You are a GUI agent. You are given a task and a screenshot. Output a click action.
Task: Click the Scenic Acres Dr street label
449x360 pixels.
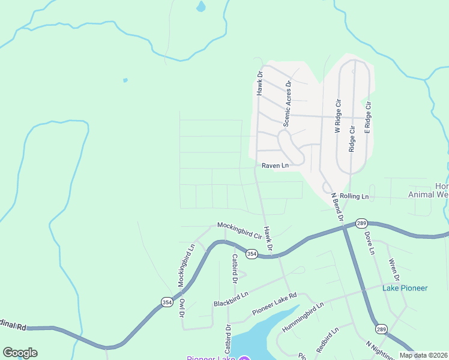(x=287, y=103)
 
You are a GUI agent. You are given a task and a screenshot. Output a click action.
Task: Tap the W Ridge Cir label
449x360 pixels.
(x=338, y=116)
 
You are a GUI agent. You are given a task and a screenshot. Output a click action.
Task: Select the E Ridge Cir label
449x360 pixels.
(x=368, y=116)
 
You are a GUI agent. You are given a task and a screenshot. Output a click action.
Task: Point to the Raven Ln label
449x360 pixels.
(x=275, y=165)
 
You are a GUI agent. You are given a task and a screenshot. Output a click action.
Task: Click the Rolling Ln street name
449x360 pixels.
(x=354, y=196)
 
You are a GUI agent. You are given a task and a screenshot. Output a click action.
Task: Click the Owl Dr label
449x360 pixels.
(x=181, y=307)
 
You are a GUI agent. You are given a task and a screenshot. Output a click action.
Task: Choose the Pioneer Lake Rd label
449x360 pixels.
(x=275, y=304)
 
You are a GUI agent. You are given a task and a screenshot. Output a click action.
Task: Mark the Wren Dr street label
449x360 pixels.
(x=394, y=269)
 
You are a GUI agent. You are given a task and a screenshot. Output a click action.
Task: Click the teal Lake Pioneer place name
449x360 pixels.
(x=405, y=288)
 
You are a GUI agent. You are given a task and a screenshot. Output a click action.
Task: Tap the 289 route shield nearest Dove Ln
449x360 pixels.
(x=361, y=223)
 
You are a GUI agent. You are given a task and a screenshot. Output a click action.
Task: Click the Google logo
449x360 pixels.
(x=20, y=353)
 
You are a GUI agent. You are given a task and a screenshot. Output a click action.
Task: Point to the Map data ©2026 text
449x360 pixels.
(x=423, y=355)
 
